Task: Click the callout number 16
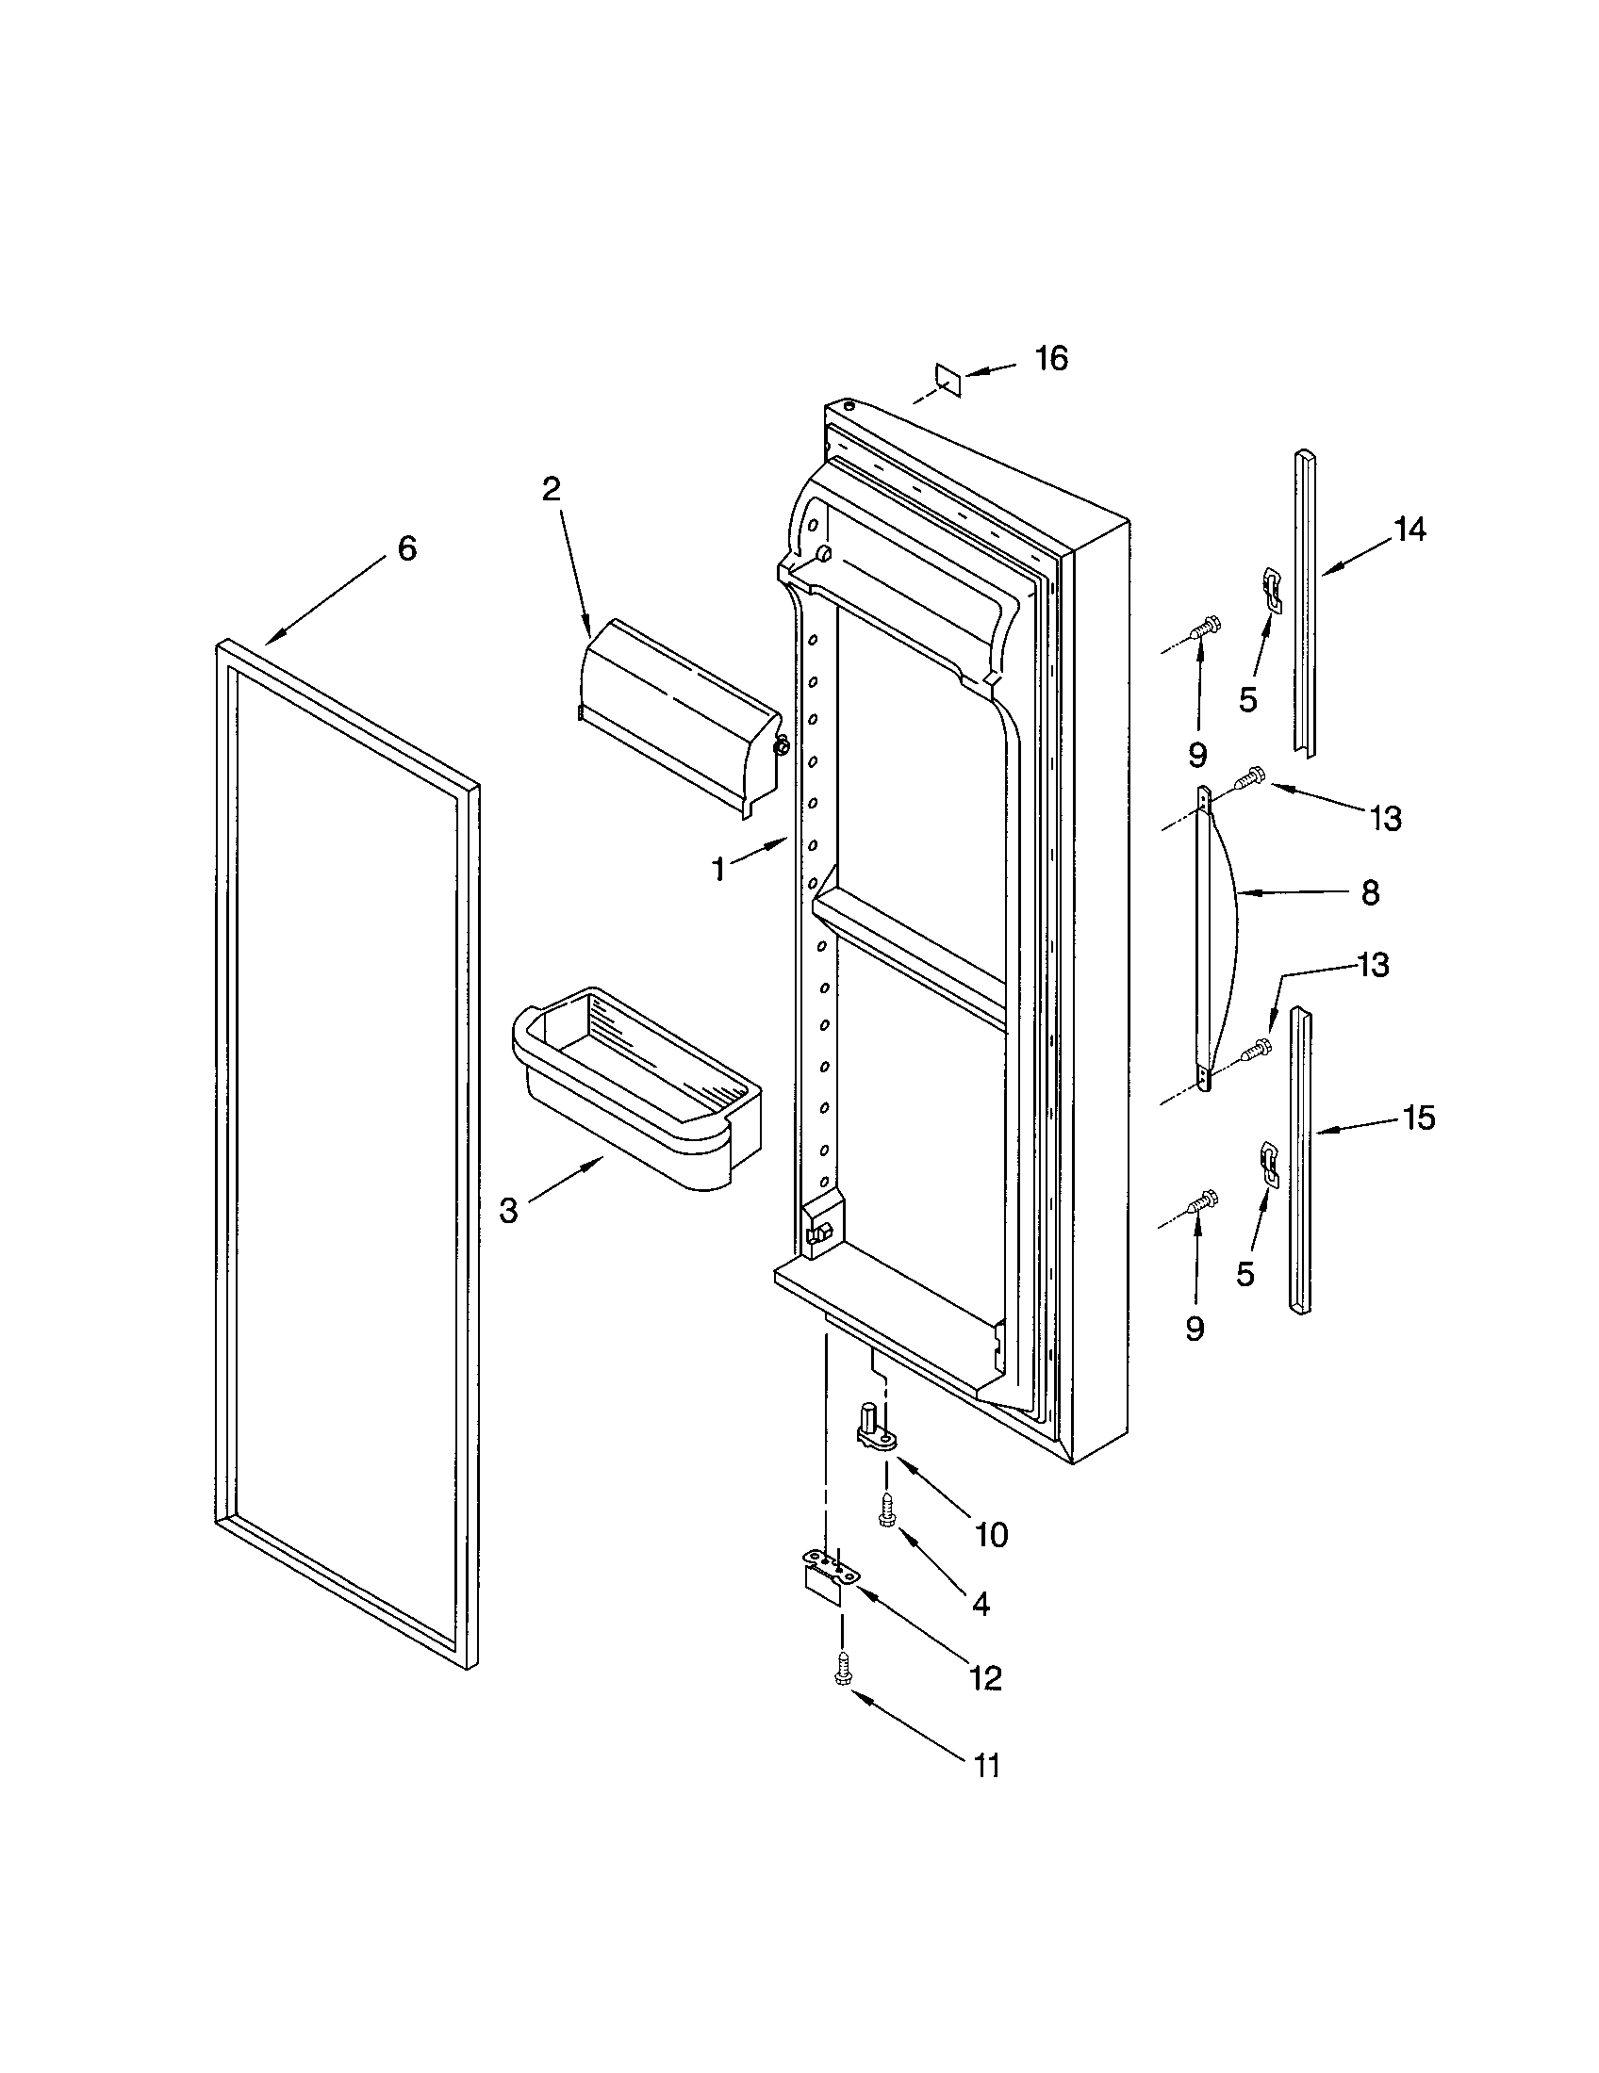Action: point(1051,358)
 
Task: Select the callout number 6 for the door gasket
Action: point(406,547)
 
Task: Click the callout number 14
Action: point(1410,530)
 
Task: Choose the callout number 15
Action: point(1419,1118)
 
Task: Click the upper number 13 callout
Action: point(1386,818)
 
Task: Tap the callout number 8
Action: point(1370,892)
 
